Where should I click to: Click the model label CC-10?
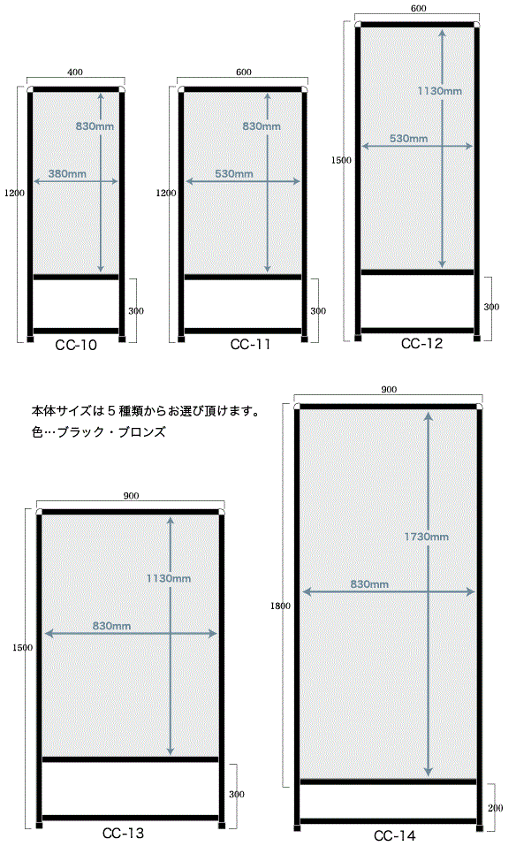click(76, 345)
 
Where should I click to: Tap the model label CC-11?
click(250, 344)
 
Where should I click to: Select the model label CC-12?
click(421, 343)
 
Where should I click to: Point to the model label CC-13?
click(123, 833)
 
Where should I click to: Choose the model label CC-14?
click(395, 835)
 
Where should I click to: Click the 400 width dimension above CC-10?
click(75, 72)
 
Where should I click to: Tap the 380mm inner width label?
click(67, 174)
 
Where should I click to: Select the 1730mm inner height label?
click(427, 537)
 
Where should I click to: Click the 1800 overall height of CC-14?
click(280, 606)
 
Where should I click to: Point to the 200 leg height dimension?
click(495, 808)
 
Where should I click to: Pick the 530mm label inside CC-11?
click(234, 174)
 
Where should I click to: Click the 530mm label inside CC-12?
click(409, 138)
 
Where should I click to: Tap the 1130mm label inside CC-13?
click(169, 578)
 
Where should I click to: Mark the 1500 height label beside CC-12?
click(341, 160)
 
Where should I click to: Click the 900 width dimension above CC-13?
click(131, 496)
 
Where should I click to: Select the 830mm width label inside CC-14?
click(369, 583)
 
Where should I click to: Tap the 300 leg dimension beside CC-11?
click(318, 311)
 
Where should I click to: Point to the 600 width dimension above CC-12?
click(419, 8)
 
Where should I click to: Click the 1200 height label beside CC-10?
click(14, 193)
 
